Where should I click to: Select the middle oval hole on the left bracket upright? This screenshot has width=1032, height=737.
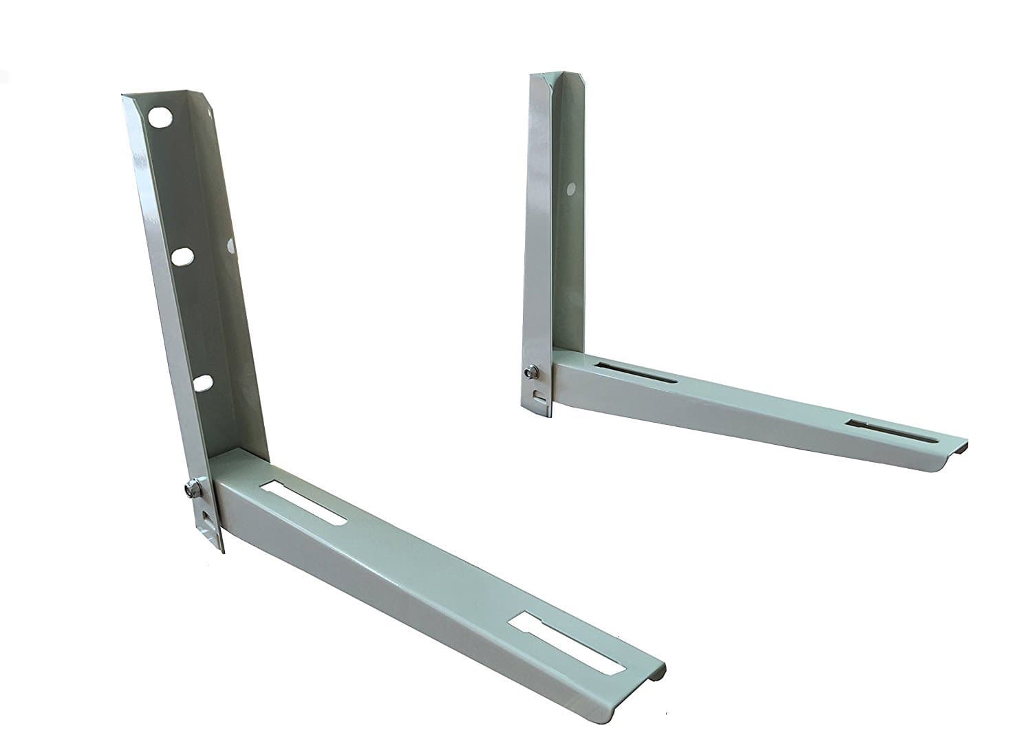coord(183,256)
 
